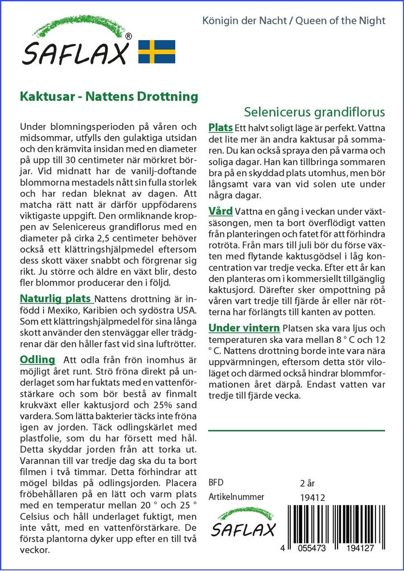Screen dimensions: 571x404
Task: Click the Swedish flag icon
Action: [157, 51]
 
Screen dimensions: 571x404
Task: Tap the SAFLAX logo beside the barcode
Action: [243, 523]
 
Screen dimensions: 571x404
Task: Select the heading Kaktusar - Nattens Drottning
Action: [109, 96]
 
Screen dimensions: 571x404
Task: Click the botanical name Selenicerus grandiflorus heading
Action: [315, 111]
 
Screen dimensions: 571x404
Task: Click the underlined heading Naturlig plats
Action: [56, 298]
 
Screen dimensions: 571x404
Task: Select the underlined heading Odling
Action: [37, 359]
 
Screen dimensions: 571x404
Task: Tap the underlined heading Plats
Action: [220, 128]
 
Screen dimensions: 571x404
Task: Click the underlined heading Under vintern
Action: [244, 327]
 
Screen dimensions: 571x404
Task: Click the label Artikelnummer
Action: [236, 497]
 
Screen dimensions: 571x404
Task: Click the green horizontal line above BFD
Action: [296, 430]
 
